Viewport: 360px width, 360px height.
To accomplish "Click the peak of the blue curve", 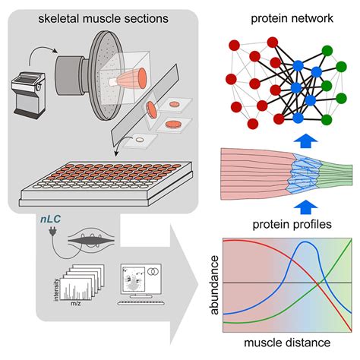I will [304, 245].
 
